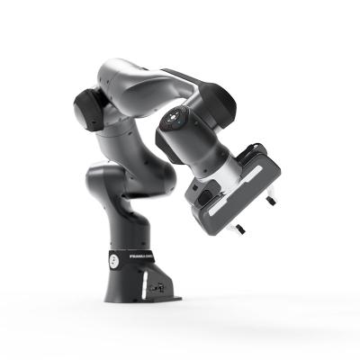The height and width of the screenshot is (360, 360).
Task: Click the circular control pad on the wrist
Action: (x=175, y=119)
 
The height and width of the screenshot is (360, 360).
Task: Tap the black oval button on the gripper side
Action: (x=204, y=195)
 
